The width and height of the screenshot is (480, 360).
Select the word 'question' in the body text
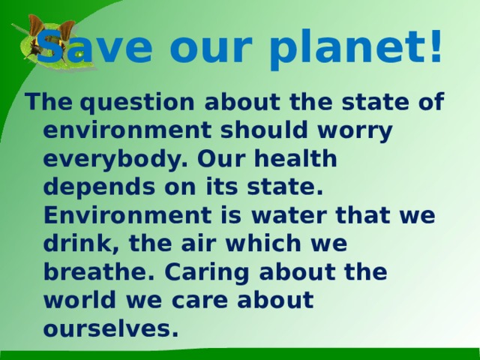(x=137, y=103)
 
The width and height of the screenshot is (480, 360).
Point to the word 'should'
(x=264, y=129)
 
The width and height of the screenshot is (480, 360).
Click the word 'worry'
(x=355, y=132)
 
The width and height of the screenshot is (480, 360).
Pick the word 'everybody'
(x=115, y=160)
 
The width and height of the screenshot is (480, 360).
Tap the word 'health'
(x=295, y=157)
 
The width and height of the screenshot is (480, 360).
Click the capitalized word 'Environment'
(x=127, y=214)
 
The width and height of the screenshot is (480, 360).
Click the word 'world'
(x=80, y=300)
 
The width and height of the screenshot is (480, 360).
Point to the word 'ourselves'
(x=111, y=328)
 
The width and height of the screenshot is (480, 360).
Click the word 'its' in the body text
(x=222, y=186)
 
